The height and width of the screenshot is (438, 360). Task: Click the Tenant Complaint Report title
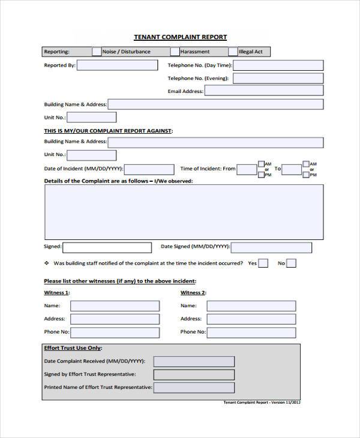pyautogui.click(x=180, y=37)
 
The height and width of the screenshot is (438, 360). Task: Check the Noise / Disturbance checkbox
pyautogui.click(x=96, y=52)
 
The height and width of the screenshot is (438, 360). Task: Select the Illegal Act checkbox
pyautogui.click(x=232, y=52)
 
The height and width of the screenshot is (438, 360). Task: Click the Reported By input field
pyautogui.click(x=118, y=65)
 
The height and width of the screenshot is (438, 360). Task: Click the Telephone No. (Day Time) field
pyautogui.click(x=278, y=65)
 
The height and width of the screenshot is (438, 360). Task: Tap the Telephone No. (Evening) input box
pyautogui.click(x=278, y=79)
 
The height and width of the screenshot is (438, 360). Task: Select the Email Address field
pyautogui.click(x=263, y=91)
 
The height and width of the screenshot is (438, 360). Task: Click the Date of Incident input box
pyautogui.click(x=149, y=169)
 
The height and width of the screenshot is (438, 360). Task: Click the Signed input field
pyautogui.click(x=106, y=247)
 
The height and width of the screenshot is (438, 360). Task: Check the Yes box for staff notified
pyautogui.click(x=263, y=263)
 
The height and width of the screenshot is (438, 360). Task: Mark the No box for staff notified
pyautogui.click(x=291, y=263)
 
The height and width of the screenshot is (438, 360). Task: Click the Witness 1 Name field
pyautogui.click(x=115, y=305)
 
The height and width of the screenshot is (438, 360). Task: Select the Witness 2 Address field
pyautogui.click(x=251, y=319)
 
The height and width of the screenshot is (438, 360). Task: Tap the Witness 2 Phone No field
pyautogui.click(x=251, y=332)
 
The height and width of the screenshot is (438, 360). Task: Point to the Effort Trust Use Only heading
pyautogui.click(x=73, y=348)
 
